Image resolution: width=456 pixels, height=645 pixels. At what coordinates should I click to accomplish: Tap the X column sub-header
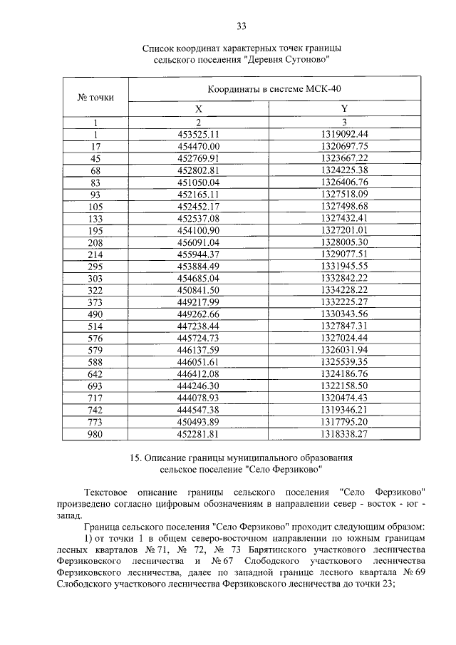(199, 108)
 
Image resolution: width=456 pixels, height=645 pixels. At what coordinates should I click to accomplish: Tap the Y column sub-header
(344, 108)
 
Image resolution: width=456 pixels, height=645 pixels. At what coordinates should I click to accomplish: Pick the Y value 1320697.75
(344, 145)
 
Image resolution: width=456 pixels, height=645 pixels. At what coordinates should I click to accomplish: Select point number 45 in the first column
(95, 158)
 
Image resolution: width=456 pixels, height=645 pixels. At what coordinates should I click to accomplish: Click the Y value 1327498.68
(344, 206)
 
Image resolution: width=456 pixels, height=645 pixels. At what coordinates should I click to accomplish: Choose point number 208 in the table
(95, 242)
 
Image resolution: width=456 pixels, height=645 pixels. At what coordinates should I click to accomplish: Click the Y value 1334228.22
(344, 291)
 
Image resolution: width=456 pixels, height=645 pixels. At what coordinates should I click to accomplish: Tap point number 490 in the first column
(95, 315)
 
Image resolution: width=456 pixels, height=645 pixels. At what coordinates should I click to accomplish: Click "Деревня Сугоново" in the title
(288, 61)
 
